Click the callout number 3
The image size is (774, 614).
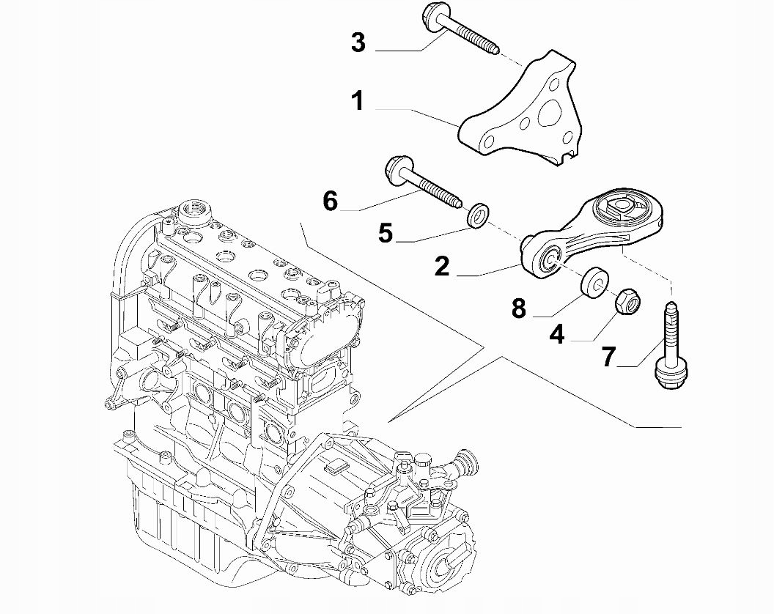[x=358, y=42]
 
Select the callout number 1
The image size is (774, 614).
[x=358, y=100]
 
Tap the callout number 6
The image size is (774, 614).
[x=331, y=201]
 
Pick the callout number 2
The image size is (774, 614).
[x=442, y=266]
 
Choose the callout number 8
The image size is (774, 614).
[x=519, y=308]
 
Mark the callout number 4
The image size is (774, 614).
[x=557, y=335]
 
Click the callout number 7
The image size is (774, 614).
[x=609, y=356]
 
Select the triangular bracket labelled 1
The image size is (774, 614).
[x=518, y=111]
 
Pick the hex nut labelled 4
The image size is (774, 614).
[x=629, y=301]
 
